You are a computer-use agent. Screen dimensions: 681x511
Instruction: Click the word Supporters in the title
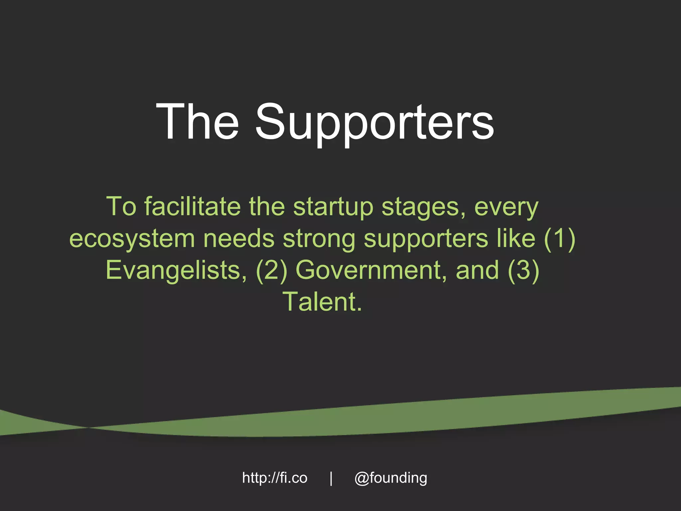click(x=374, y=123)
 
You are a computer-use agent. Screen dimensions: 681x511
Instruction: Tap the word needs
click(x=239, y=239)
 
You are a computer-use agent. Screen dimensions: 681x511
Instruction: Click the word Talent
click(x=322, y=301)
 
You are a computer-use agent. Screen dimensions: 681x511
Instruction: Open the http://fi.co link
click(x=275, y=478)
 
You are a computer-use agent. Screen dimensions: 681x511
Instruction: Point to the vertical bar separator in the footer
click(x=331, y=478)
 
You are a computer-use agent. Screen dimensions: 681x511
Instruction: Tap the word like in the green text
click(x=516, y=239)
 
